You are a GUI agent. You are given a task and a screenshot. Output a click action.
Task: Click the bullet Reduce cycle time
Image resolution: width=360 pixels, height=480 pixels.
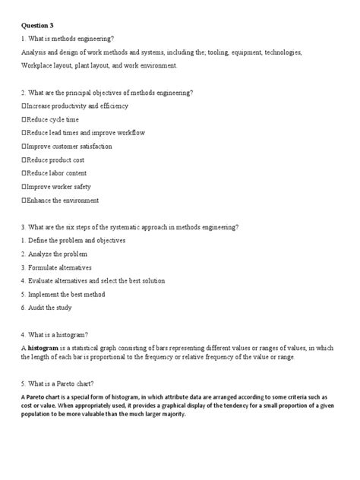click(x=51, y=120)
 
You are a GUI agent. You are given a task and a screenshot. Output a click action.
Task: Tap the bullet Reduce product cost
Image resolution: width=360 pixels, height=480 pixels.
click(x=55, y=160)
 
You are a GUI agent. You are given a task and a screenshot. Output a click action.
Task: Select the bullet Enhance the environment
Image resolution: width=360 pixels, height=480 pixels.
click(x=61, y=201)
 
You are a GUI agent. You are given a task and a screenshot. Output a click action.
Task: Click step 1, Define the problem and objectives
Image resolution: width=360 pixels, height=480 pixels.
click(x=73, y=241)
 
